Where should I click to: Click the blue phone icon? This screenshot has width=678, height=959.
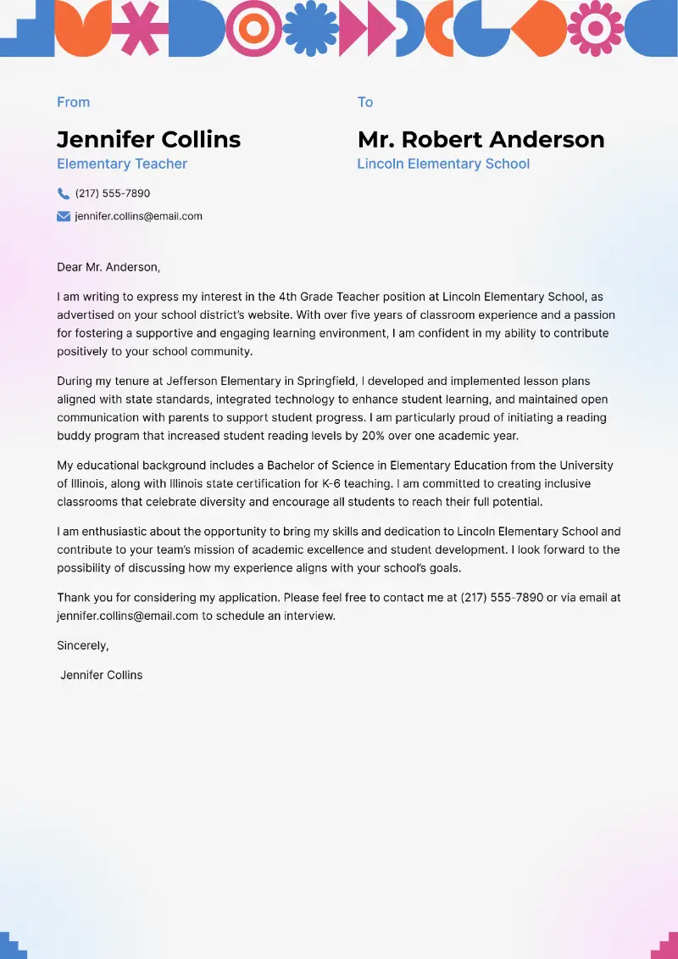point(64,193)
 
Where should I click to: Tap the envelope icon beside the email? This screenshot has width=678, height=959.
point(64,216)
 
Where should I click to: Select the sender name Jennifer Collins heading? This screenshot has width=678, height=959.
point(148,139)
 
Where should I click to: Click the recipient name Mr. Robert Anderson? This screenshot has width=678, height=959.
point(481,139)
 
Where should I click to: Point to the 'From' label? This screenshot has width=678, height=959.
point(73,102)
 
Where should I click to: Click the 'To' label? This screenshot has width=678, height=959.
point(365,102)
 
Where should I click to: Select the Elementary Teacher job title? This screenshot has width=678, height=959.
point(122,164)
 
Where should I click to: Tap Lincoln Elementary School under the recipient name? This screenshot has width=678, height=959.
point(443,164)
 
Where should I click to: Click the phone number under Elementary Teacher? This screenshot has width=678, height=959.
point(113,193)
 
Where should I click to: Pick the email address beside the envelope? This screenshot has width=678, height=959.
point(138,216)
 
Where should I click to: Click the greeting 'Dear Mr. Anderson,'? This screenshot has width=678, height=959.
point(108,267)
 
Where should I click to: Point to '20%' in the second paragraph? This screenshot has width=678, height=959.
point(425,436)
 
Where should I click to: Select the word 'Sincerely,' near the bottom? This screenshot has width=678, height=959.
point(83,645)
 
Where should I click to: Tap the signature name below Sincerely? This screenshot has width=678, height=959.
point(102,675)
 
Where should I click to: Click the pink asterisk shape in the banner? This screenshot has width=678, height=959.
point(140,28)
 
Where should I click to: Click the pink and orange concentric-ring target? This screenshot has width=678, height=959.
point(253,28)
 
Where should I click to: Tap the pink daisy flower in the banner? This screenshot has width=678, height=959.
point(595,28)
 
